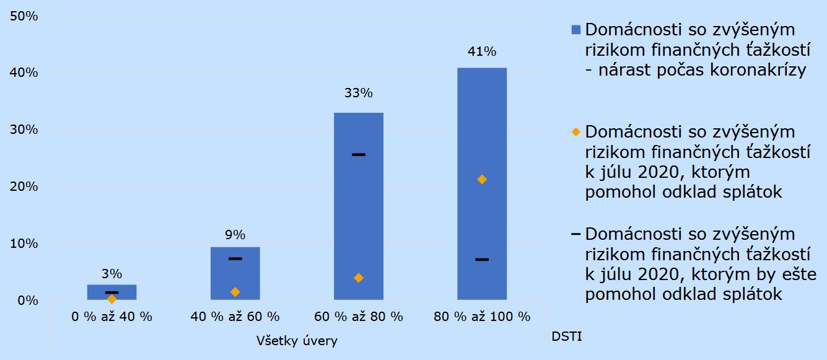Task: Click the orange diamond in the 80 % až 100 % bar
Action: pos(482,180)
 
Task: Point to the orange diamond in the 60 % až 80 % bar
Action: pos(359,278)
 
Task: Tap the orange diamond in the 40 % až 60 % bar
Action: pos(235,292)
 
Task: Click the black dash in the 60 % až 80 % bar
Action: pos(359,154)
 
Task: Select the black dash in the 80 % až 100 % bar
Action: pos(482,259)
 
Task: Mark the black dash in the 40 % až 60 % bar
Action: pos(235,258)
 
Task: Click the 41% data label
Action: pos(482,52)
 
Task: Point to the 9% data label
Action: pos(235,235)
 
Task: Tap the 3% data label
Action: pos(112,273)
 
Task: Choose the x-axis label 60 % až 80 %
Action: pos(359,317)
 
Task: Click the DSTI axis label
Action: pos(566,337)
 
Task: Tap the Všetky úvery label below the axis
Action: pos(297,341)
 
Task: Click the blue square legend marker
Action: pos(575,30)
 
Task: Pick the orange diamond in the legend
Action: pos(575,132)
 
